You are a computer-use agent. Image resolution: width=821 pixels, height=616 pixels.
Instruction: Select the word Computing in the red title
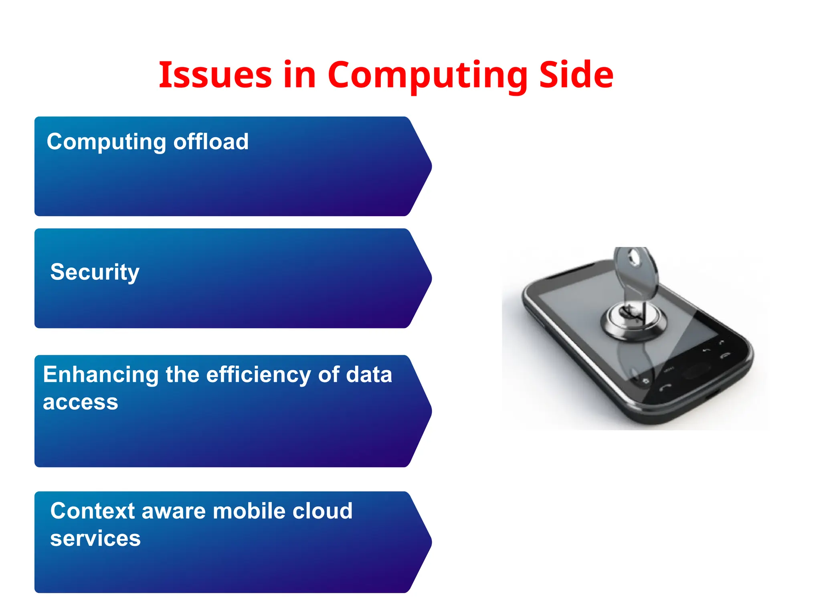pyautogui.click(x=427, y=75)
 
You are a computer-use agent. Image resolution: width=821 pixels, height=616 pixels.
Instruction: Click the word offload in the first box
pyautogui.click(x=211, y=142)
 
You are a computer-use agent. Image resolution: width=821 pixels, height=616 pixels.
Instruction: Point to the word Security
pyautogui.click(x=95, y=273)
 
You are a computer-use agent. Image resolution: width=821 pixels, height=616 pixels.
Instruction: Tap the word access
pyautogui.click(x=80, y=402)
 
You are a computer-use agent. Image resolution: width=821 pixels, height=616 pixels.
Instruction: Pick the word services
pyautogui.click(x=95, y=538)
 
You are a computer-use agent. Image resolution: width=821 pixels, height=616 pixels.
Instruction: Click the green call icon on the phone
pyautogui.click(x=665, y=388)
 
